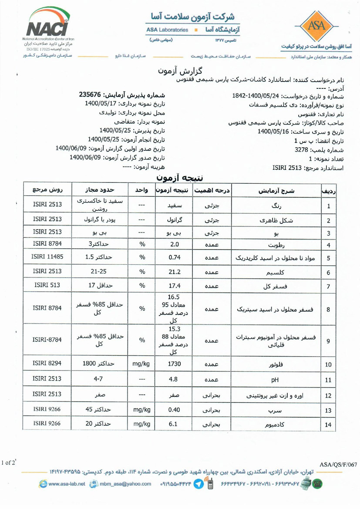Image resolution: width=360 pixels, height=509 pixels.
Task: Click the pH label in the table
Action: point(275,380)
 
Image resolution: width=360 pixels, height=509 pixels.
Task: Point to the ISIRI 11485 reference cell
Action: point(47,257)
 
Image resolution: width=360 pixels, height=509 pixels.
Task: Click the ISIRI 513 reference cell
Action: point(47,285)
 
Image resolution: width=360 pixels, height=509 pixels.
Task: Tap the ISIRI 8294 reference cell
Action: point(47,364)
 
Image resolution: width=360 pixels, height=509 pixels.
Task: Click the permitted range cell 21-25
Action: point(98,272)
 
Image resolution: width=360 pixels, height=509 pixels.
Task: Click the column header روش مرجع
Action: point(48,190)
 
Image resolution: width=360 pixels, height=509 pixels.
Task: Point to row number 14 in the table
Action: point(328,425)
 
